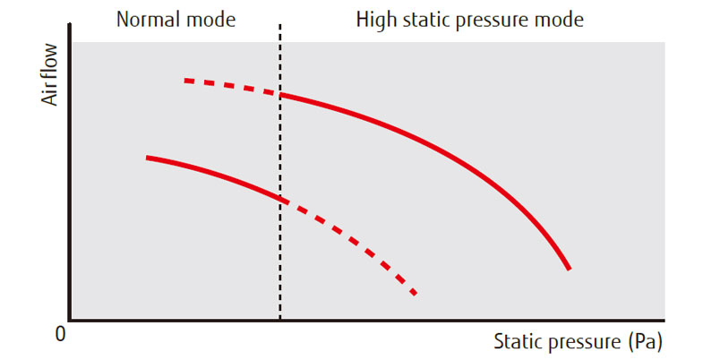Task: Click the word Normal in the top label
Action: pyautogui.click(x=146, y=19)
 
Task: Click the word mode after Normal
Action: pyautogui.click(x=211, y=19)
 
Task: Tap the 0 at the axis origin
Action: pyautogui.click(x=60, y=334)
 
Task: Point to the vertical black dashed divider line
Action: pyautogui.click(x=280, y=251)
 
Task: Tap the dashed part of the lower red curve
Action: pyautogui.click(x=358, y=244)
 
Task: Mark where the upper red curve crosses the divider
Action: pyautogui.click(x=280, y=94)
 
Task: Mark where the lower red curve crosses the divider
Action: pyautogui.click(x=280, y=198)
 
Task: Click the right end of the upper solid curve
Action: pyautogui.click(x=569, y=268)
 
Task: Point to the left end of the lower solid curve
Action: pyautogui.click(x=148, y=158)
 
